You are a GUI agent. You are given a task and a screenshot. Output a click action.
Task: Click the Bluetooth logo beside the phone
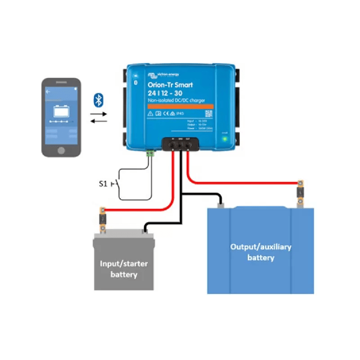point(99,100)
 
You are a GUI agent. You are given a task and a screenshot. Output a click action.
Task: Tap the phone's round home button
point(61,149)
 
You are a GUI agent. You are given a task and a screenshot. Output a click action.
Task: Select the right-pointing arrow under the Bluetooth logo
point(99,114)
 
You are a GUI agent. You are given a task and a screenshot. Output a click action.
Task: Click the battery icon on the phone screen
point(61,111)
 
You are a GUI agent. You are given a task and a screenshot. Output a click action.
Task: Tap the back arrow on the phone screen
point(48,91)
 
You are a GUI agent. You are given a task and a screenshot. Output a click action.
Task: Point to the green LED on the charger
point(225,139)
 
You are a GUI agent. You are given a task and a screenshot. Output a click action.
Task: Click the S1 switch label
point(103,184)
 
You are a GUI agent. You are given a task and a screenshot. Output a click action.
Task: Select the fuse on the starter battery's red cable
point(103,220)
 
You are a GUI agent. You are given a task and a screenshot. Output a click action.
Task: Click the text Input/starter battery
point(124,269)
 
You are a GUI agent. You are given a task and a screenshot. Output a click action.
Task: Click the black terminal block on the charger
point(180,144)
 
